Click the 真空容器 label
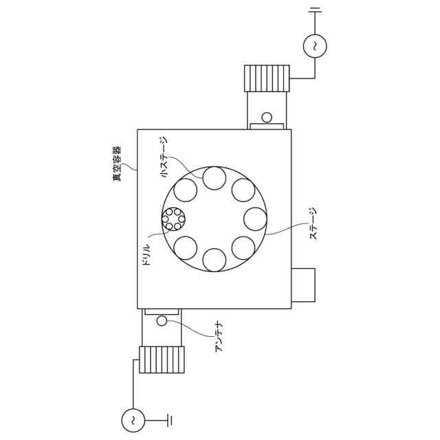117,163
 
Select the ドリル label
146,254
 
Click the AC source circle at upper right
315,46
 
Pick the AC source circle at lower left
133,420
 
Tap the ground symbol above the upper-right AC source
315,10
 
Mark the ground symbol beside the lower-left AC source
170,420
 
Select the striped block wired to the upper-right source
267,78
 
